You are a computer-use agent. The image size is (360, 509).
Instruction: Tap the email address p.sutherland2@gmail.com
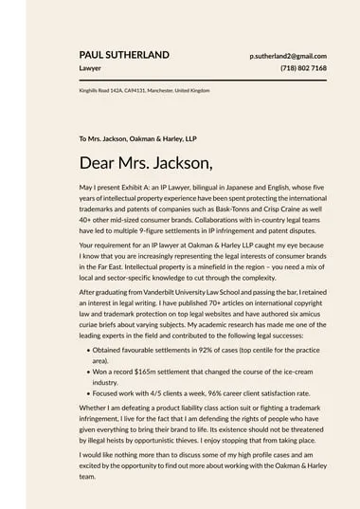(288, 56)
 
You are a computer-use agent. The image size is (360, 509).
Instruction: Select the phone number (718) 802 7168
(303, 68)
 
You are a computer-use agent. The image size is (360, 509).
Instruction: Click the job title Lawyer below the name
(90, 68)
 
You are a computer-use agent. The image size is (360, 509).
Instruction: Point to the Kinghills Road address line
(144, 90)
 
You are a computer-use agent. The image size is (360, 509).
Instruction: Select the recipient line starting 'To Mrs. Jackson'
(137, 138)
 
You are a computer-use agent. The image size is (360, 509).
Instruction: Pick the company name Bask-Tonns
(224, 212)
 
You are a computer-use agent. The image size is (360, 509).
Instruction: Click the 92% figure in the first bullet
(197, 350)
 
